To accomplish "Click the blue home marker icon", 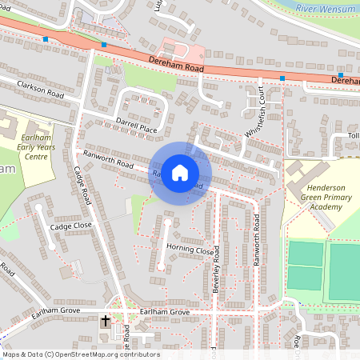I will pos(180,173).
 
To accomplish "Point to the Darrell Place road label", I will pos(137,125).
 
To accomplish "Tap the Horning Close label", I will pos(190,249).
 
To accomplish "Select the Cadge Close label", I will pos(71,226).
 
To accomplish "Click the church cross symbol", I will pos(105,322).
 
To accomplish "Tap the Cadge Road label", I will pos(82,186).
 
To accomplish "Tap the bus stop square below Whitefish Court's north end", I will pos(282,78).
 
